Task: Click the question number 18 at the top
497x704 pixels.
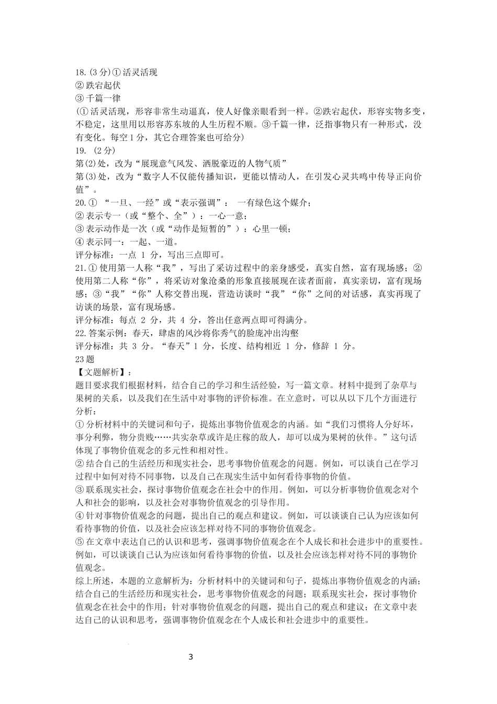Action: tap(80, 73)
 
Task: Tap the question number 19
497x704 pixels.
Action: tap(80, 151)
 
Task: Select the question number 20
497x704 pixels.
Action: tap(80, 203)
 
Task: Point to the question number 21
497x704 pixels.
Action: tap(80, 269)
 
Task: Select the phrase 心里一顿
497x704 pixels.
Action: tap(270, 229)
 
